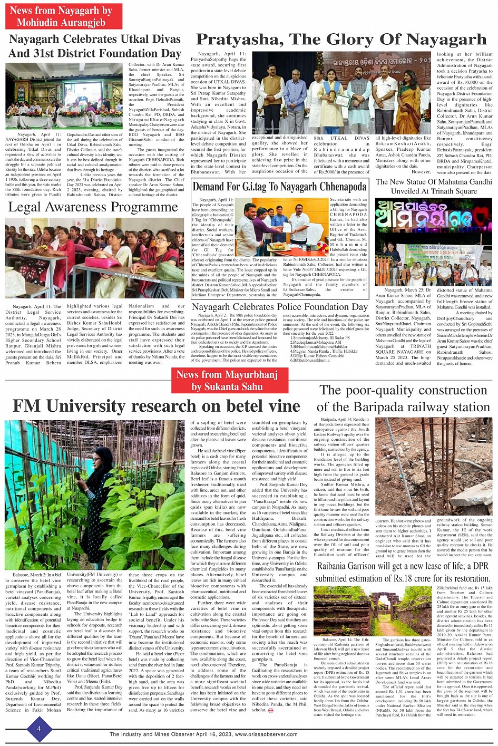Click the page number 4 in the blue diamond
(x=38, y=729)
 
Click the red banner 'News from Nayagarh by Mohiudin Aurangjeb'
(x=63, y=16)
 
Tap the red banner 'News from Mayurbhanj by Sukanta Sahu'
(x=227, y=380)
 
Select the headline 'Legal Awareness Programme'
(x=93, y=207)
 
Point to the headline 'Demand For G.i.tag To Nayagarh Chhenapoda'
(x=279, y=186)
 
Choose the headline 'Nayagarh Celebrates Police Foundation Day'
(x=279, y=307)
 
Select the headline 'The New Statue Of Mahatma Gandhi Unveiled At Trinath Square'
(x=433, y=187)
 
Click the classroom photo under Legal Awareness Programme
(x=95, y=258)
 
